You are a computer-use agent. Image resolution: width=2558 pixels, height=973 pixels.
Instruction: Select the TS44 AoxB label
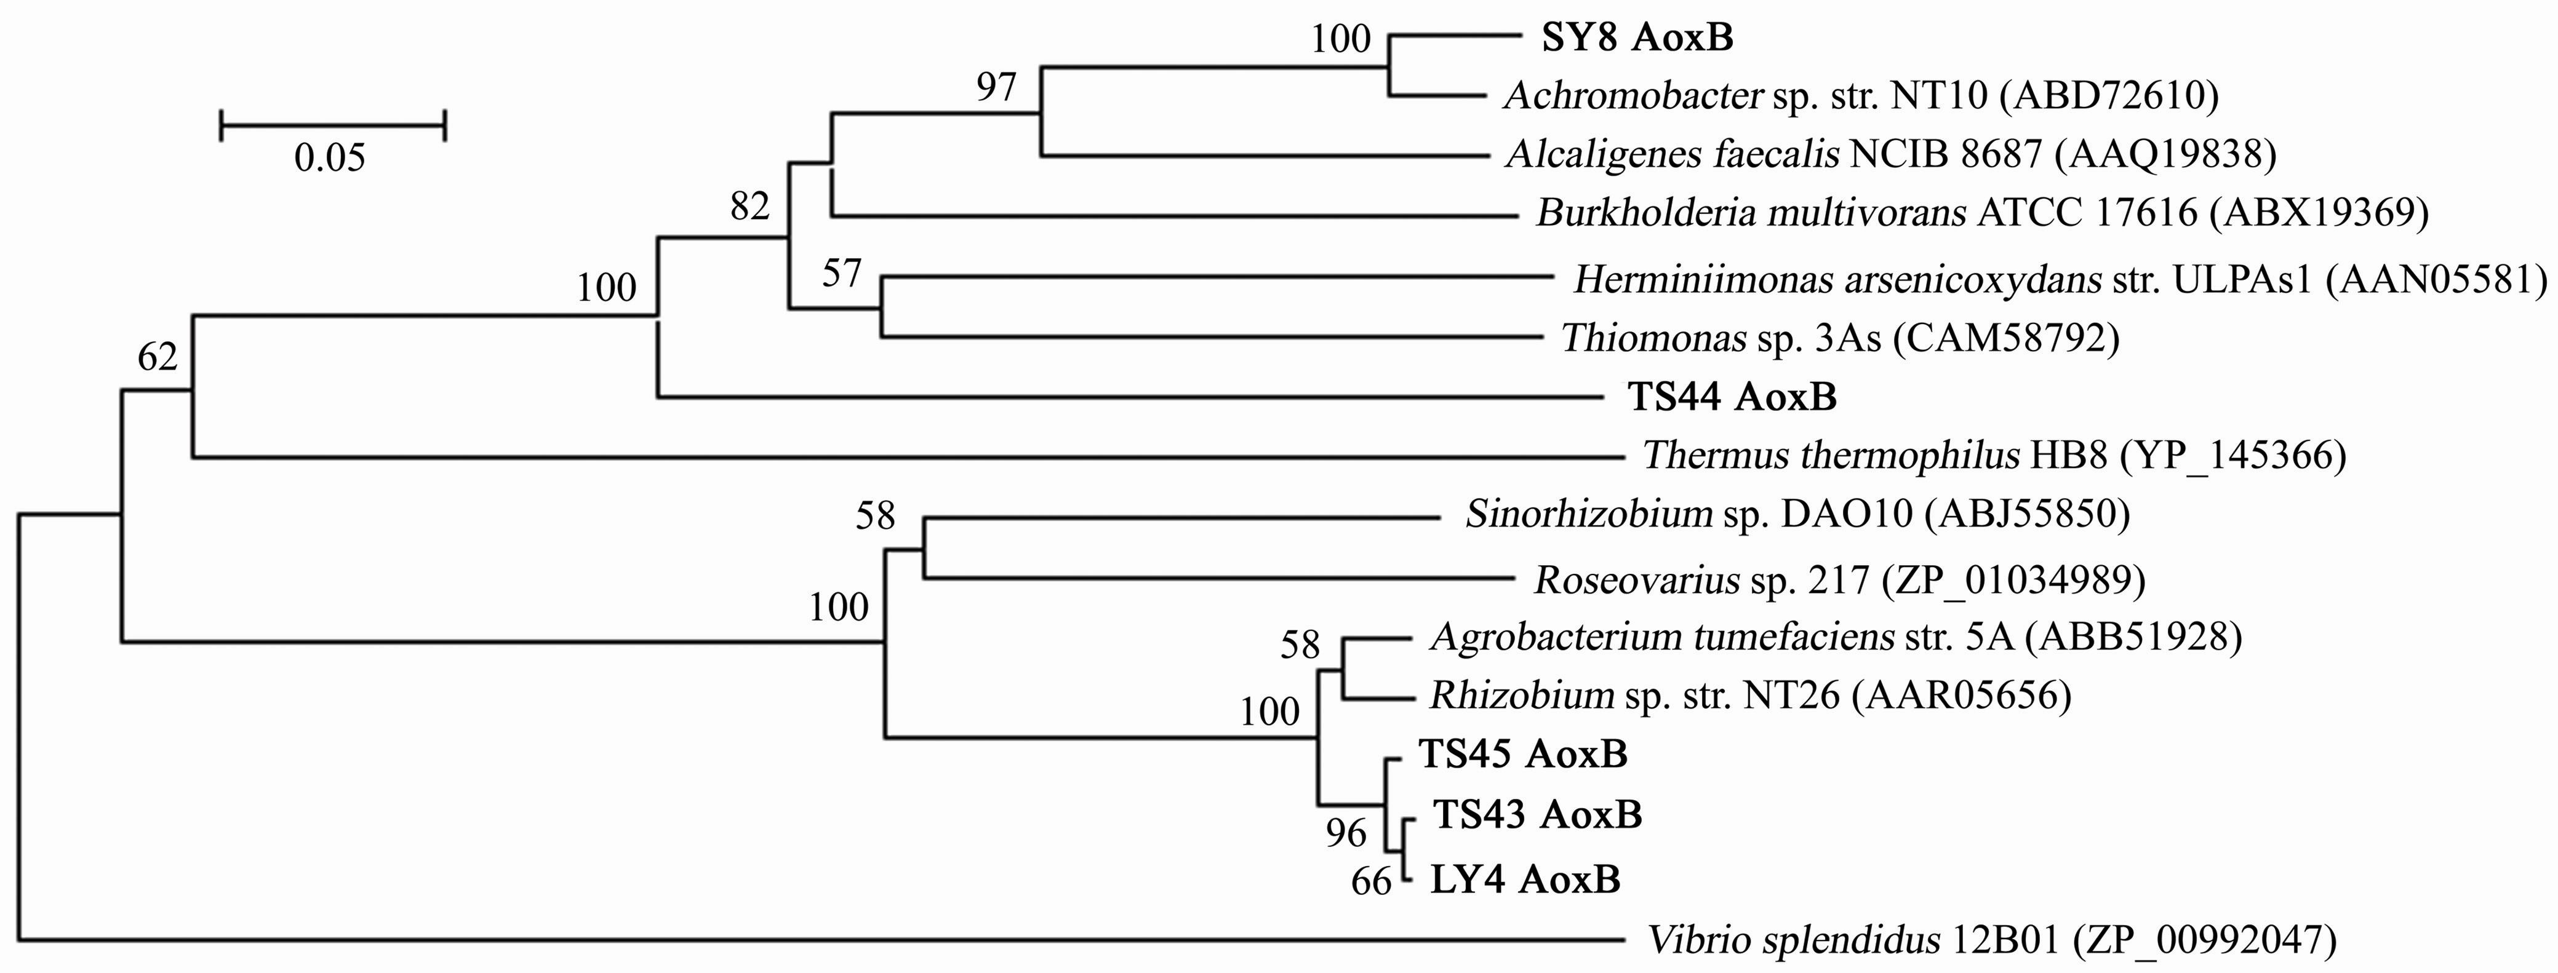point(1732,397)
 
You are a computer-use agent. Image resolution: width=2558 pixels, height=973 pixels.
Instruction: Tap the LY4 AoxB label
point(1525,880)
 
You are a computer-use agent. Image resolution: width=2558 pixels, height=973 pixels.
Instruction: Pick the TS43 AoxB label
point(1537,815)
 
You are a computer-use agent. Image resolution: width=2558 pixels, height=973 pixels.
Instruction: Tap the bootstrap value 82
point(749,207)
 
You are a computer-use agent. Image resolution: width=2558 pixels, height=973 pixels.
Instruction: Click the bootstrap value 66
point(1372,881)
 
